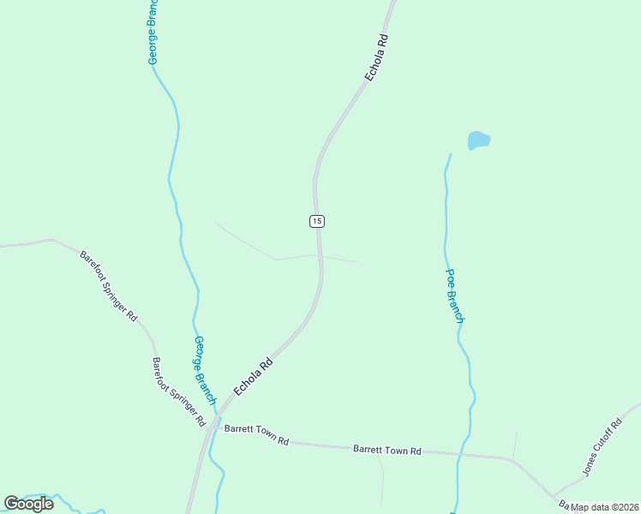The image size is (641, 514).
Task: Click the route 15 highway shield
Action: [x=317, y=221]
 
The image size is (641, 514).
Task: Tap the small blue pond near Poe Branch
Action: [x=478, y=140]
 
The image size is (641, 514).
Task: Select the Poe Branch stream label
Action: [x=454, y=296]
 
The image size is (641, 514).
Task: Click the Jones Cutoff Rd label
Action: [x=602, y=447]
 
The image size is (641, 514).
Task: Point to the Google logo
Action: [x=29, y=504]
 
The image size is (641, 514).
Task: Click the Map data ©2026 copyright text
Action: [x=605, y=507]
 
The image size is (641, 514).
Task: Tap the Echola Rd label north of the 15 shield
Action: [x=377, y=57]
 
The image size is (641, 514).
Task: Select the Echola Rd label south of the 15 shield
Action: [x=253, y=375]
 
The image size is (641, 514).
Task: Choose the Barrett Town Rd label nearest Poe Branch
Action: [x=387, y=450]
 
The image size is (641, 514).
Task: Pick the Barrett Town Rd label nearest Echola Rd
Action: [x=256, y=434]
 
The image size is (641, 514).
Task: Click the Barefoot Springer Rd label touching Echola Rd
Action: [x=179, y=392]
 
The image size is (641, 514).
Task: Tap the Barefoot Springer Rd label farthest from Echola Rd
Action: [x=108, y=285]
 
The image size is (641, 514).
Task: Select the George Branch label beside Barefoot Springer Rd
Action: [x=205, y=370]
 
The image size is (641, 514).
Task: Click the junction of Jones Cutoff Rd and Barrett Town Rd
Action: [x=556, y=496]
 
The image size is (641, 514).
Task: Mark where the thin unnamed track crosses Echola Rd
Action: [x=320, y=254]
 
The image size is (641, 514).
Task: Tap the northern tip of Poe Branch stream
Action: [x=450, y=155]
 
